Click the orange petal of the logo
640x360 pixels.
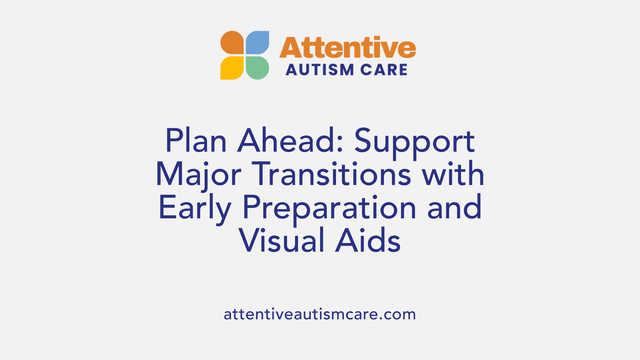232,43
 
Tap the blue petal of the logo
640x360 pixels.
257,43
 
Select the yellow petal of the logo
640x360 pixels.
232,68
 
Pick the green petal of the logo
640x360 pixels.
257,68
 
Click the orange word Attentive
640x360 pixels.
347,48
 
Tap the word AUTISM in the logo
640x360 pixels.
315,70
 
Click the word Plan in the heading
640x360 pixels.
196,141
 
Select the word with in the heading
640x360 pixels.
453,174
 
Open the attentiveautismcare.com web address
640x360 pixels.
320,314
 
